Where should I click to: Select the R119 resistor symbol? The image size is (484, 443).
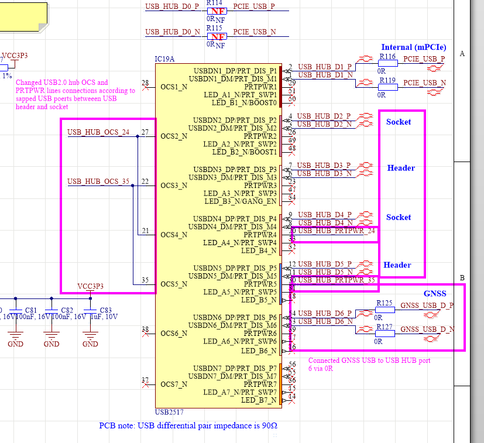click(x=387, y=87)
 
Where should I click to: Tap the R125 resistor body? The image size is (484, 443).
click(x=385, y=310)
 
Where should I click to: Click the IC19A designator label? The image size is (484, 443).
click(x=164, y=60)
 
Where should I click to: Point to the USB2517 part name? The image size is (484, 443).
click(x=169, y=412)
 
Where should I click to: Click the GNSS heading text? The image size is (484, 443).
click(x=435, y=294)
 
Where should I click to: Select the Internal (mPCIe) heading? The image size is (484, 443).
click(x=414, y=47)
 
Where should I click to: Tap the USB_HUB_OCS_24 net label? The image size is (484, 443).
click(x=98, y=132)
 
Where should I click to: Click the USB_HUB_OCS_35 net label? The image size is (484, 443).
click(x=98, y=181)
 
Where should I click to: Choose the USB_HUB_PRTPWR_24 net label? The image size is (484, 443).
click(x=336, y=231)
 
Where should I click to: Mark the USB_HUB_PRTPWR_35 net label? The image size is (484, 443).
click(x=336, y=280)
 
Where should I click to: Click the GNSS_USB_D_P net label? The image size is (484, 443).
click(x=427, y=305)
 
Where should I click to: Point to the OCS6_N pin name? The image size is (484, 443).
click(x=174, y=334)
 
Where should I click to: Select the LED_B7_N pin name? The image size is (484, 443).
click(x=259, y=400)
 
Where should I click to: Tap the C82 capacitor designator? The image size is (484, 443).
click(x=67, y=310)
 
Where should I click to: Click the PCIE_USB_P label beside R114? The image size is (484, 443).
click(x=253, y=6)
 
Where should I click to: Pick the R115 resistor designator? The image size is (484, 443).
click(x=214, y=28)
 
